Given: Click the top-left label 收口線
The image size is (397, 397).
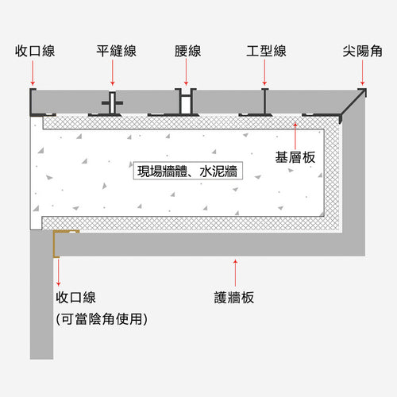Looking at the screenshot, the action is pyautogui.click(x=35, y=51).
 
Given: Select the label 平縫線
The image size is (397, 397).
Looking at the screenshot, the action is pyautogui.click(x=117, y=51).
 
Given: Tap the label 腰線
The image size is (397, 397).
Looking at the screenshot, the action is pyautogui.click(x=187, y=51).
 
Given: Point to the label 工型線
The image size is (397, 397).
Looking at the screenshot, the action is pyautogui.click(x=266, y=51).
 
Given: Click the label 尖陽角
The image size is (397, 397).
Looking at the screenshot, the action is pyautogui.click(x=362, y=51).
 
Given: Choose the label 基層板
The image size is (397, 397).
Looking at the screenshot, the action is pyautogui.click(x=295, y=157).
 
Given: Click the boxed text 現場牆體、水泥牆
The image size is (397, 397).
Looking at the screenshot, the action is pyautogui.click(x=187, y=171).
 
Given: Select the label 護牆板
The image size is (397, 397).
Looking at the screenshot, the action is pyautogui.click(x=234, y=298).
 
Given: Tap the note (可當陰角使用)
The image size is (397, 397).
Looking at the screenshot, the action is pyautogui.click(x=102, y=318).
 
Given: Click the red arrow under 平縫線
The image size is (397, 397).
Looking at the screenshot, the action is pyautogui.click(x=113, y=72).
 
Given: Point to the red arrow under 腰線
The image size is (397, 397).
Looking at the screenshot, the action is pyautogui.click(x=186, y=72).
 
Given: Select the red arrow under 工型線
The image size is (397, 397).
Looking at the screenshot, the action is pyautogui.click(x=264, y=72).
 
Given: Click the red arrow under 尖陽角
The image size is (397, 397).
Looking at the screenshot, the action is pyautogui.click(x=363, y=72).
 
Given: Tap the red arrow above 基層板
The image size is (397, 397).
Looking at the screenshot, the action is pyautogui.click(x=295, y=136).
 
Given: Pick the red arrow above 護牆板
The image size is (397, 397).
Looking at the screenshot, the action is pyautogui.click(x=235, y=272).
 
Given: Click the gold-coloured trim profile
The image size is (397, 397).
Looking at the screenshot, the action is pyautogui.click(x=55, y=244).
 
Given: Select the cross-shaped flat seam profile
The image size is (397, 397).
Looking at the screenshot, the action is pyautogui.click(x=113, y=102).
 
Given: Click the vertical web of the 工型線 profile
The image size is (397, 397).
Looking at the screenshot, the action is pyautogui.click(x=264, y=102).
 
